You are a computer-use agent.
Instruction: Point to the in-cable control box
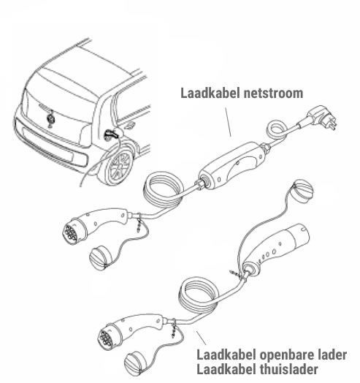pos(231,166)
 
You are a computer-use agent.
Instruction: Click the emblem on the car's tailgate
pos(51,118)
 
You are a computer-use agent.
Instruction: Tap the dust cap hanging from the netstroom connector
pos(101,258)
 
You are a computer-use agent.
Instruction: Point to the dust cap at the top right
pos(303,191)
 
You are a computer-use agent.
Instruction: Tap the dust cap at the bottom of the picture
pos(136,363)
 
